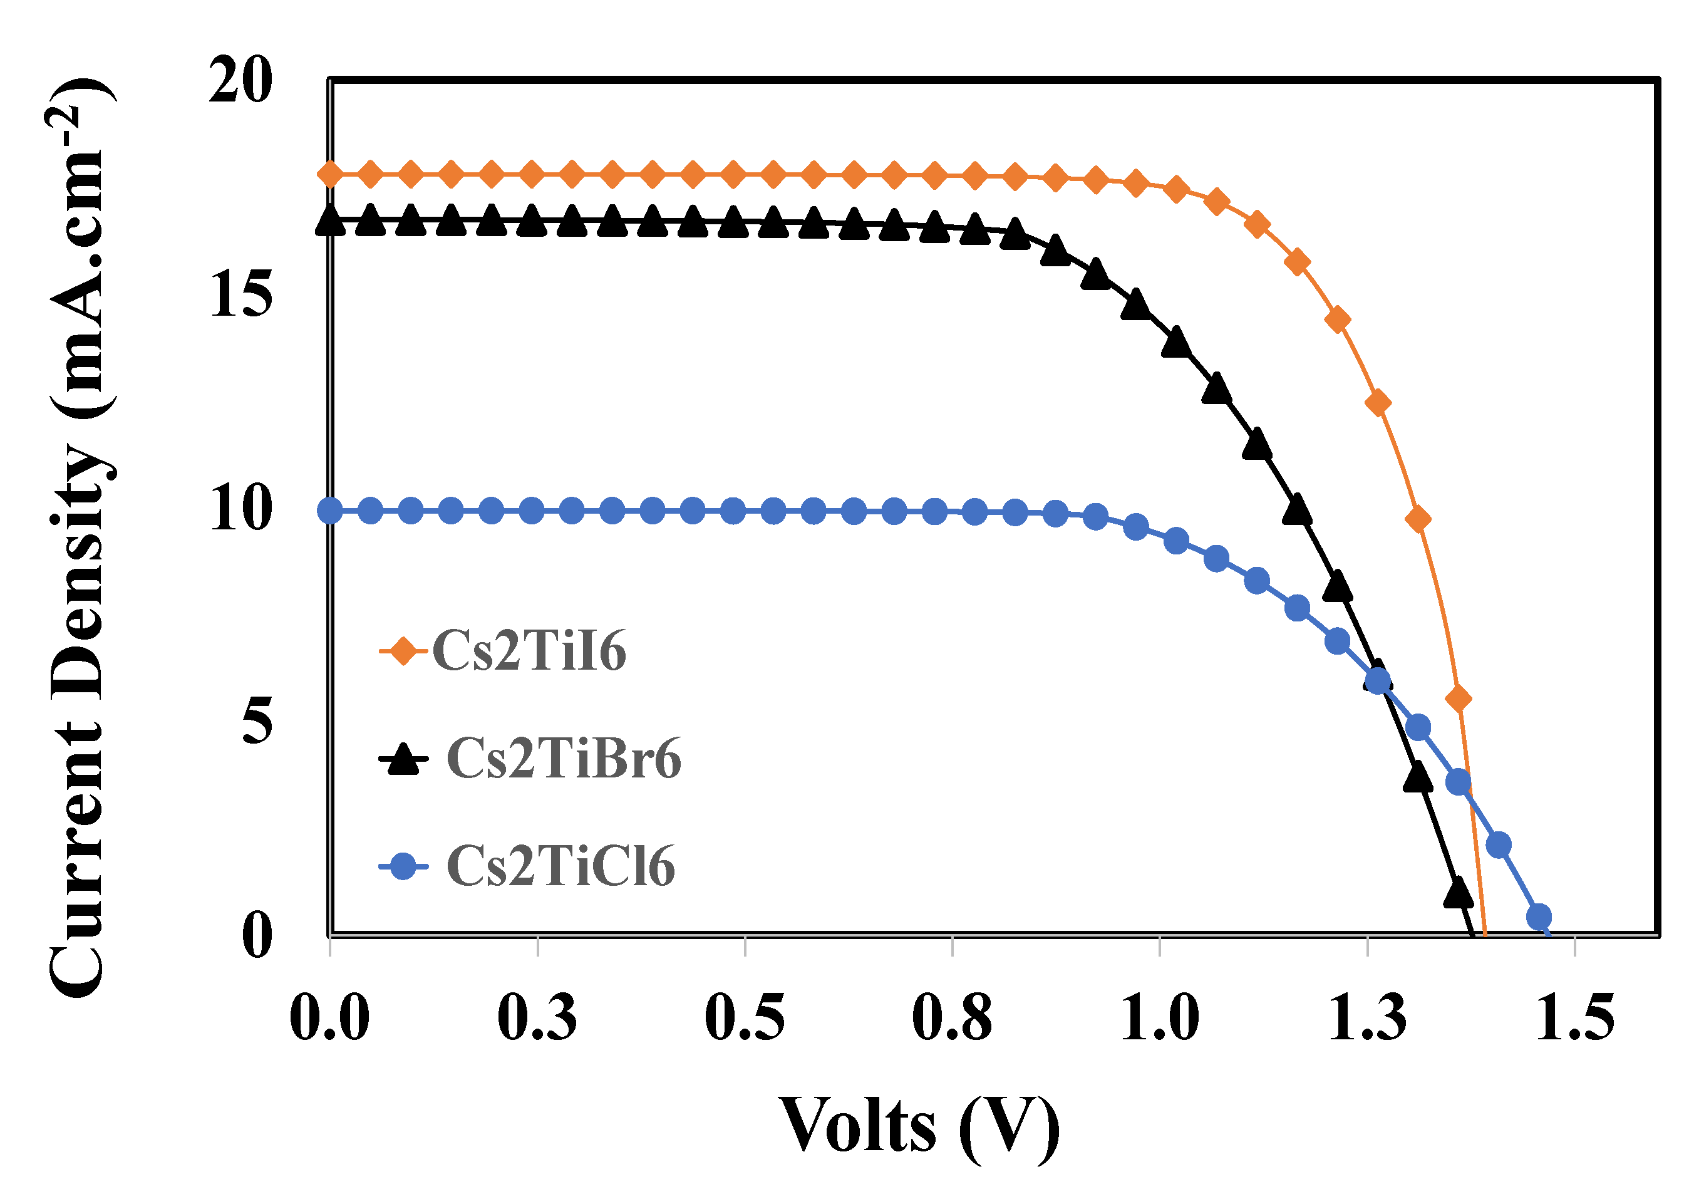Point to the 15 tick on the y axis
(241, 294)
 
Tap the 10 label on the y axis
(241, 509)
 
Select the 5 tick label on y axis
(257, 721)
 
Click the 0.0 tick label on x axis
(329, 1019)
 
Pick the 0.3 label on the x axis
(538, 1019)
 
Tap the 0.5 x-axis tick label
(745, 1019)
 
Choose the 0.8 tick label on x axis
(953, 1019)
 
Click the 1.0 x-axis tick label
(1160, 1019)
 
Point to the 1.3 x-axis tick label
(1368, 1019)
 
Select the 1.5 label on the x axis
(1575, 1019)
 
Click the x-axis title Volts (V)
(919, 1126)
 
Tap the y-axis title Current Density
(81, 537)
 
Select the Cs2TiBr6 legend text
(564, 759)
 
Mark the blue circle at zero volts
(330, 510)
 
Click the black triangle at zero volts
(330, 221)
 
